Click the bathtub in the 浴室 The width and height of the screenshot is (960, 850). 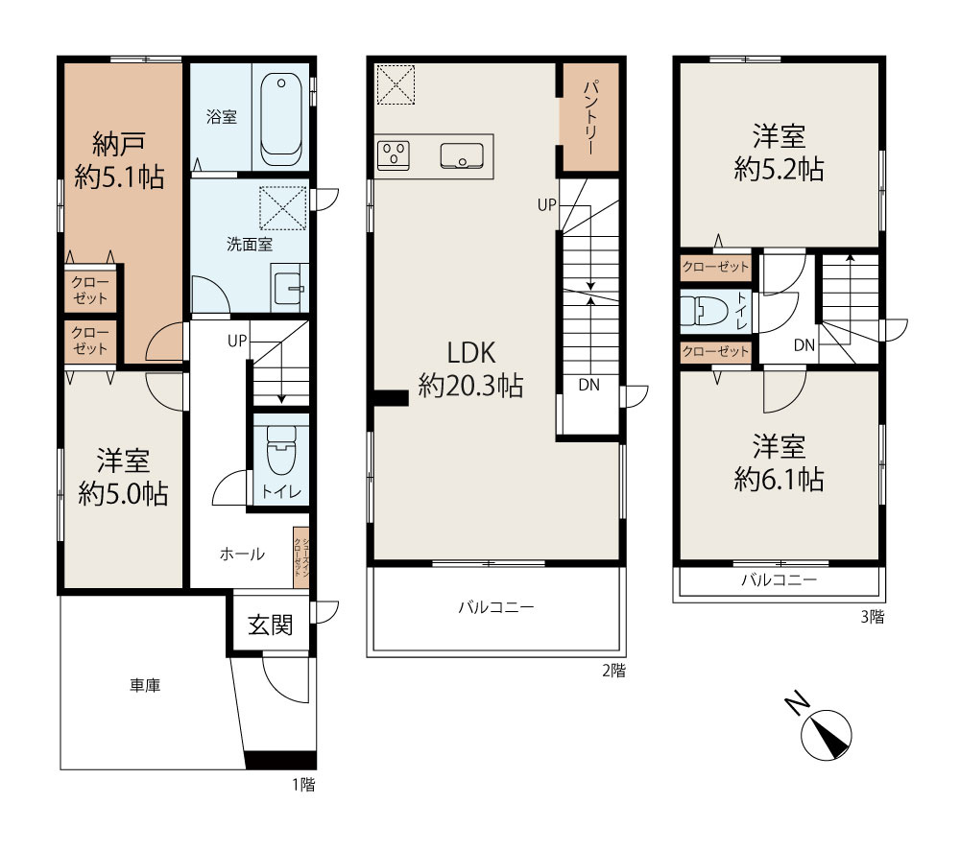(281, 120)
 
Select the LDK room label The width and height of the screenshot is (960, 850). (470, 353)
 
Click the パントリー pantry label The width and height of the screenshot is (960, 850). (591, 117)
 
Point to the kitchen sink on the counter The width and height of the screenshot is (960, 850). (462, 155)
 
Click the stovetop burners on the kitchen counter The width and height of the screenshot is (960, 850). (393, 155)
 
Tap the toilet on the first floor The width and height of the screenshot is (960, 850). (281, 450)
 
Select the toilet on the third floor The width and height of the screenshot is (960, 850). (705, 312)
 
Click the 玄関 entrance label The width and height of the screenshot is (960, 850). (270, 625)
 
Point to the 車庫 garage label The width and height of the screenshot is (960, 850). (145, 685)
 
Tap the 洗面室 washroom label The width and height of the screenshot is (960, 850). (250, 245)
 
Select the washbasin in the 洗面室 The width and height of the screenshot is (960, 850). (289, 288)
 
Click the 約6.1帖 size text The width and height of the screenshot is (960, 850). (779, 479)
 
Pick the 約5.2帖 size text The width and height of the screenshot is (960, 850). (779, 169)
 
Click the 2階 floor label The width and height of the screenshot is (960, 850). (614, 671)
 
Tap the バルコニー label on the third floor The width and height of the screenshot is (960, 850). (779, 579)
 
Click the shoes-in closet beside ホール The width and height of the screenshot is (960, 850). (300, 557)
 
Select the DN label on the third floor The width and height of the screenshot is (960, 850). (804, 345)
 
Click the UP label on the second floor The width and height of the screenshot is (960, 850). (547, 204)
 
